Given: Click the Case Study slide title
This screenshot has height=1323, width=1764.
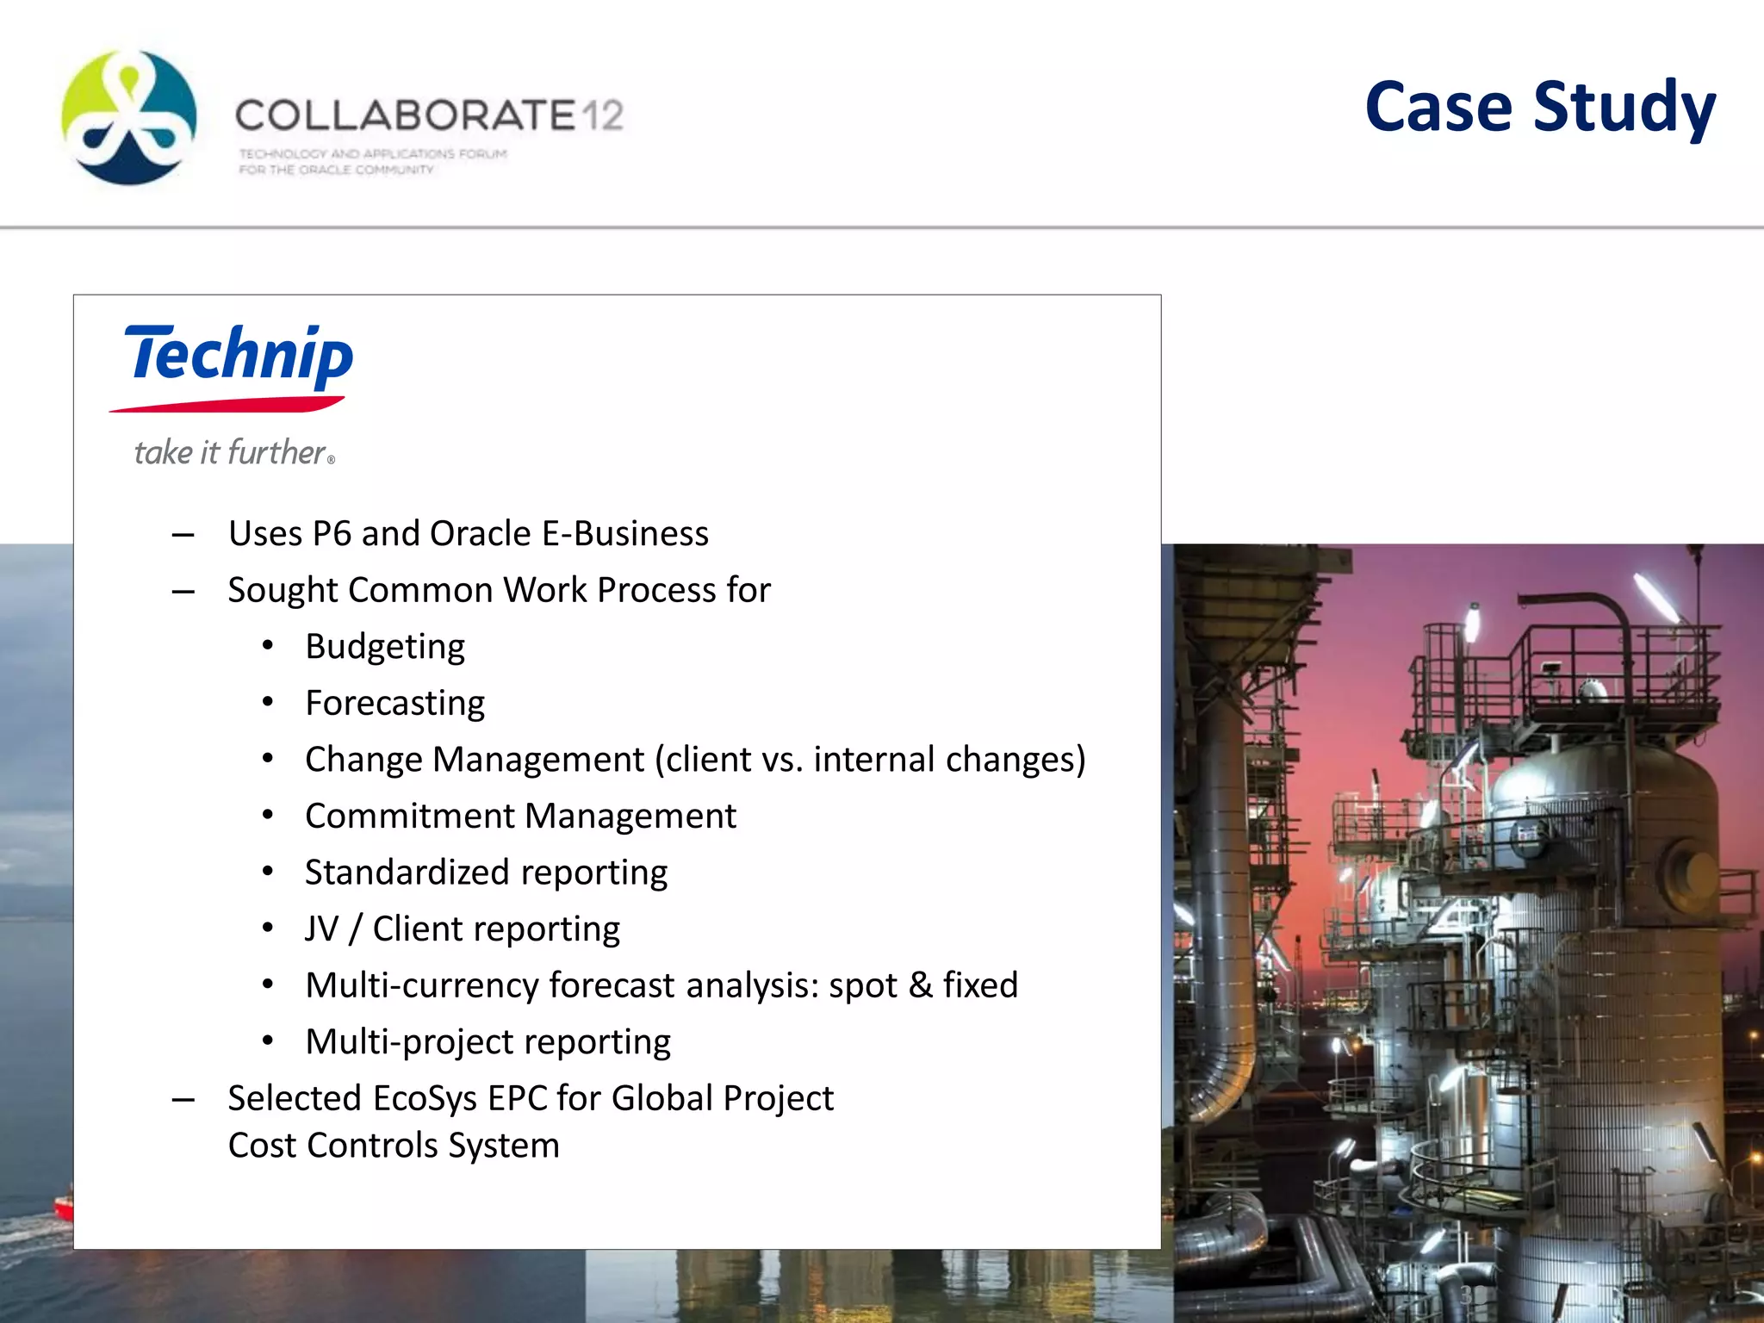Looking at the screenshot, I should click(1540, 108).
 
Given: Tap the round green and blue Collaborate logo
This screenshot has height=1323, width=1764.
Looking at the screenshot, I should click(129, 118).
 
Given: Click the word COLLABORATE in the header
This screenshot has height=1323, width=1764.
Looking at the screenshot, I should click(405, 115).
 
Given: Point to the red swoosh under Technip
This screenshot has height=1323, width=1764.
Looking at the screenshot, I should click(227, 404).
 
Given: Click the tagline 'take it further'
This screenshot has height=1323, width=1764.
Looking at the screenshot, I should click(230, 452).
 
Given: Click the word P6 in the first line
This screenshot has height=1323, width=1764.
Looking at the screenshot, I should click(332, 534).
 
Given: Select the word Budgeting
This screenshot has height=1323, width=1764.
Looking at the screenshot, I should click(385, 647).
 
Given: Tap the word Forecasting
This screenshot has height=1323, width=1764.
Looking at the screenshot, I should click(394, 704).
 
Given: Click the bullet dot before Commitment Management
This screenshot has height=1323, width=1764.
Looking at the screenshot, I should click(268, 814).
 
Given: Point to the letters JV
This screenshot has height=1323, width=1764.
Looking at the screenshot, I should click(322, 929).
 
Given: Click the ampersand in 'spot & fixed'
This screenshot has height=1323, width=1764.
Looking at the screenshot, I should click(920, 985).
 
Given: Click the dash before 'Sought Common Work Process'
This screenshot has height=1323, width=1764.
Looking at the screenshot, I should click(183, 592).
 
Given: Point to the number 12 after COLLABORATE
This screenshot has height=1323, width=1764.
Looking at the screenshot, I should click(602, 115).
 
